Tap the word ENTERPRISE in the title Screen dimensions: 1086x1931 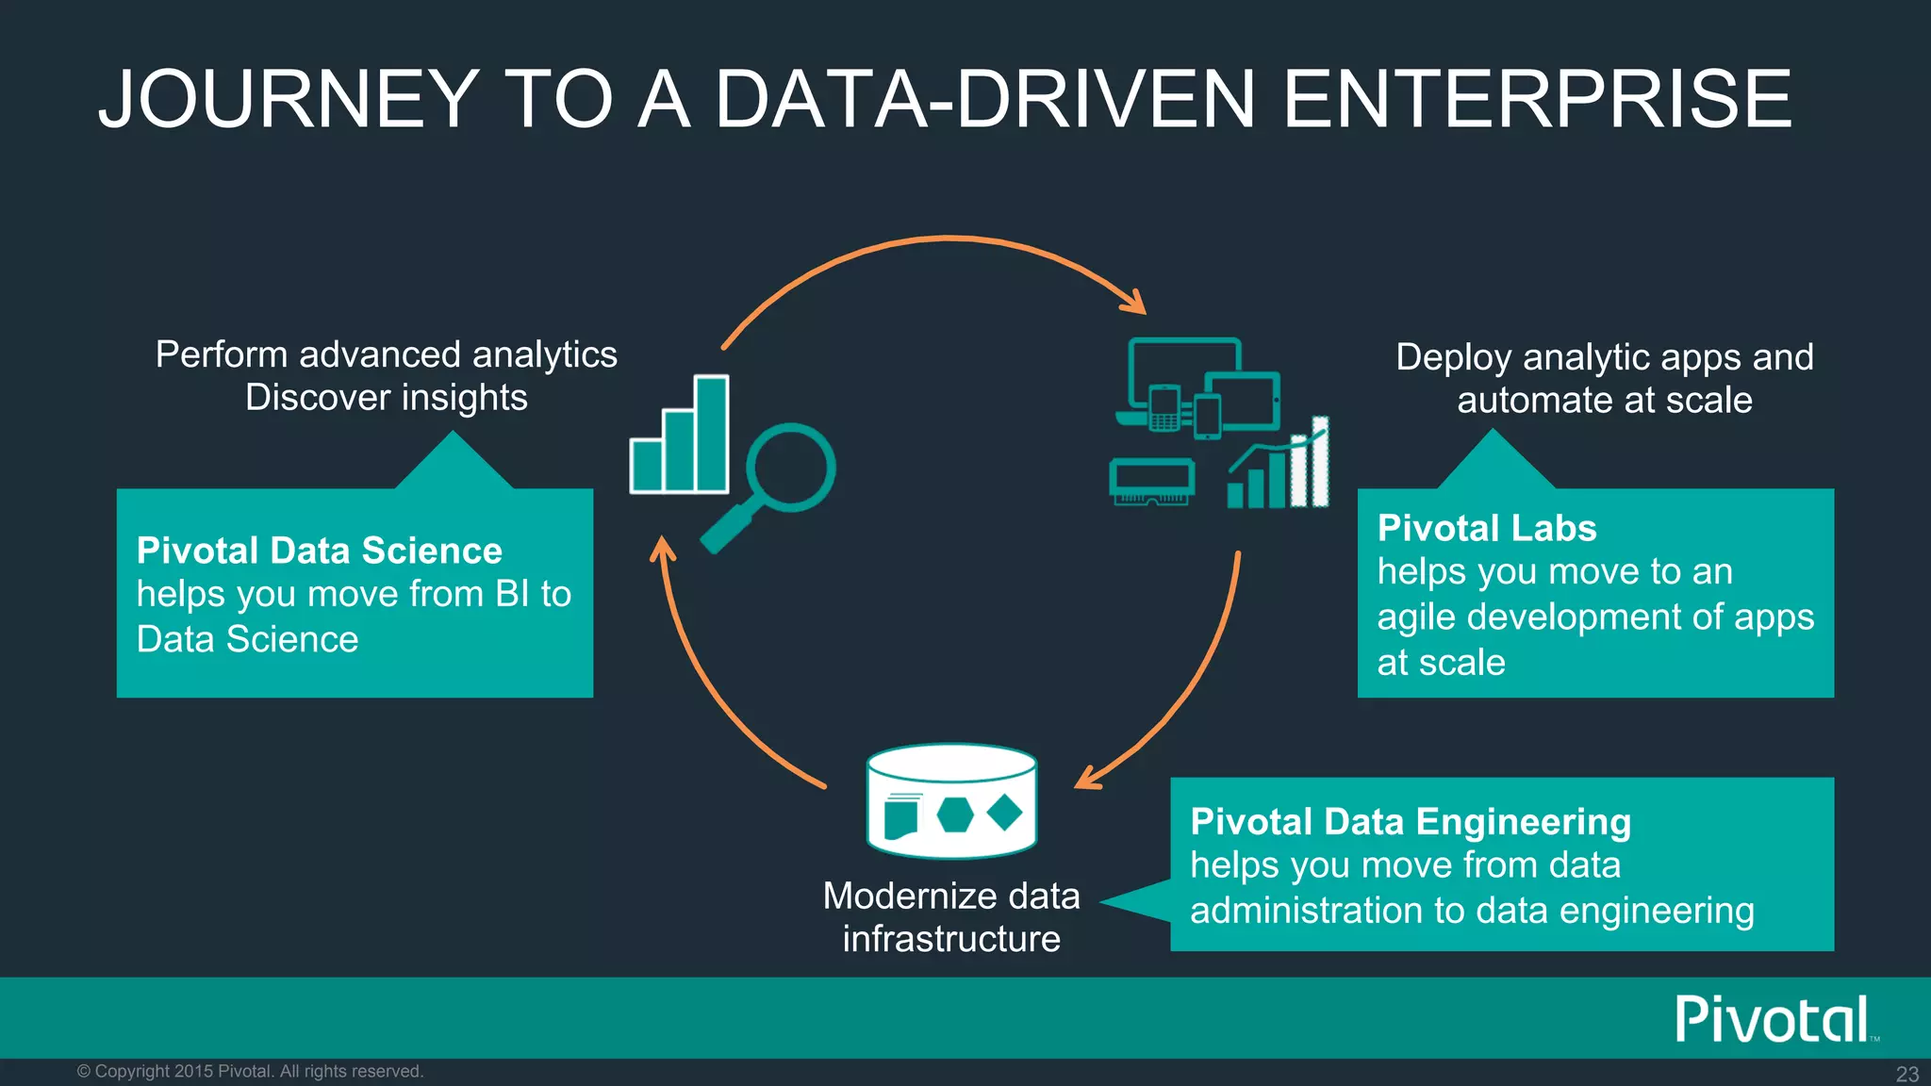pyautogui.click(x=1537, y=99)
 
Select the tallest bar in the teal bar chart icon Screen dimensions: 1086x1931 pyautogui.click(x=712, y=434)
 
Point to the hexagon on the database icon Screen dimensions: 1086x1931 pyautogui.click(x=955, y=814)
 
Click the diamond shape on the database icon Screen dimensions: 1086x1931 pyautogui.click(x=1005, y=812)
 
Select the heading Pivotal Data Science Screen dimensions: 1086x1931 pyautogui.click(x=319, y=551)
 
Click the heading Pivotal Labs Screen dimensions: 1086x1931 pyautogui.click(x=1486, y=528)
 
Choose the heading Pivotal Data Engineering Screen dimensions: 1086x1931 pyautogui.click(x=1410, y=822)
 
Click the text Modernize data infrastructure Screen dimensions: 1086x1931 pyautogui.click(x=951, y=917)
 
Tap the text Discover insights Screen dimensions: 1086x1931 pyautogui.click(x=387, y=398)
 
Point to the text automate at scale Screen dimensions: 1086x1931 pyautogui.click(x=1604, y=401)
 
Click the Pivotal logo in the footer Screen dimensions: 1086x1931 pyautogui.click(x=1773, y=1019)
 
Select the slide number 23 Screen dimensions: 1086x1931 pyautogui.click(x=1906, y=1074)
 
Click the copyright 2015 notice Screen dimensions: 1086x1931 pyautogui.click(x=250, y=1071)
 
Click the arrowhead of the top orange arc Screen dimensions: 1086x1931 pyautogui.click(x=1135, y=304)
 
